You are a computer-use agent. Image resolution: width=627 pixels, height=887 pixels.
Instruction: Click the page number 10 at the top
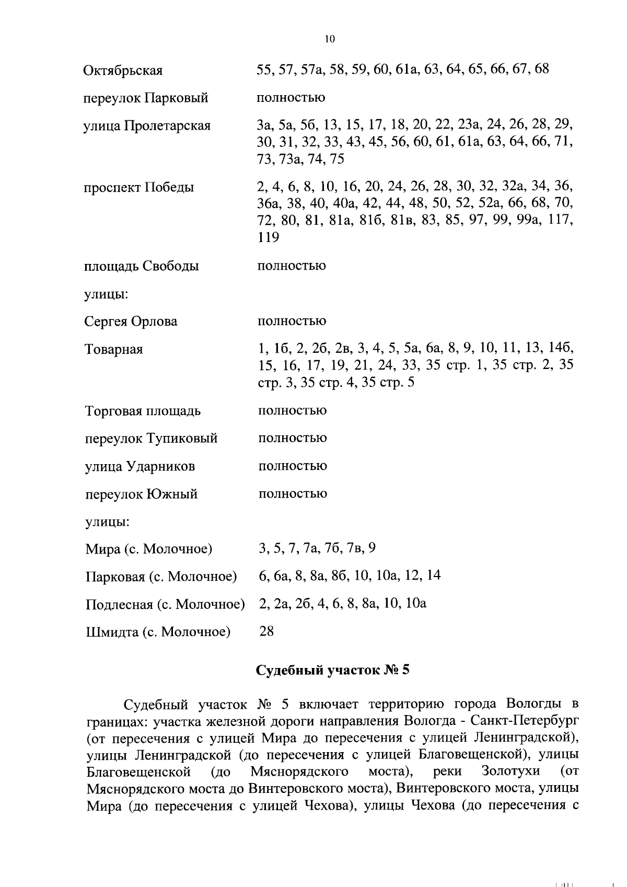pyautogui.click(x=329, y=39)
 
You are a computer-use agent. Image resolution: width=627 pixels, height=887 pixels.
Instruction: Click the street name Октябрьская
pyautogui.click(x=123, y=71)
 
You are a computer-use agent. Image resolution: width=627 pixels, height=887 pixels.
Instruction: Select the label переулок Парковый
pyautogui.click(x=146, y=98)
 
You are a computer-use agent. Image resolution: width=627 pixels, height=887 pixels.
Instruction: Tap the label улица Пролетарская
pyautogui.click(x=147, y=126)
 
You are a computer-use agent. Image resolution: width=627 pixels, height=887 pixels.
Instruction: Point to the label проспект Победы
pyautogui.click(x=138, y=187)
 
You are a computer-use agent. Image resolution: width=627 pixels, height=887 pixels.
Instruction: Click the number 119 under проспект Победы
pyautogui.click(x=269, y=237)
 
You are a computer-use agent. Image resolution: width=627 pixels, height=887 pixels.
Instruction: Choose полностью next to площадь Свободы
pyautogui.click(x=292, y=266)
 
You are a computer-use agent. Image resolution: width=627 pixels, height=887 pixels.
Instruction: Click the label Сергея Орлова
pyautogui.click(x=131, y=321)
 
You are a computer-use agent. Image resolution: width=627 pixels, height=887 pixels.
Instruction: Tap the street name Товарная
pyautogui.click(x=113, y=349)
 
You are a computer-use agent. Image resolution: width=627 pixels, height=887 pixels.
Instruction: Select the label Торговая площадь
pyautogui.click(x=143, y=411)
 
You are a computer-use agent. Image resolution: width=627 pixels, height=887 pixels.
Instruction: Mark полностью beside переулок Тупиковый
pyautogui.click(x=292, y=439)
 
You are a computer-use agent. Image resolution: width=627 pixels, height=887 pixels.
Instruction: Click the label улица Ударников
pyautogui.click(x=140, y=466)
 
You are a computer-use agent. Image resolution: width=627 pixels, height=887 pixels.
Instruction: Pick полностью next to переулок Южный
pyautogui.click(x=292, y=494)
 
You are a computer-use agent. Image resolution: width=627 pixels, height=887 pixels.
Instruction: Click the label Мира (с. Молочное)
pyautogui.click(x=148, y=549)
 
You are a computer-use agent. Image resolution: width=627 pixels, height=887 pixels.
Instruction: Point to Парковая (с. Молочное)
pyautogui.click(x=161, y=577)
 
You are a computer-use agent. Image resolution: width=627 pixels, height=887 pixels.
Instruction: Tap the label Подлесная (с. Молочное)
pyautogui.click(x=165, y=605)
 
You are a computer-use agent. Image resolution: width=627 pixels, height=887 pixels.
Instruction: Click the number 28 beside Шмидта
pyautogui.click(x=266, y=631)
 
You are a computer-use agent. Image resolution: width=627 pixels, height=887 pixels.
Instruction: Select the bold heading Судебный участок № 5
pyautogui.click(x=332, y=671)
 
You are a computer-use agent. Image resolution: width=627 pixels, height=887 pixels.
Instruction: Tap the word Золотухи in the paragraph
pyautogui.click(x=509, y=771)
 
